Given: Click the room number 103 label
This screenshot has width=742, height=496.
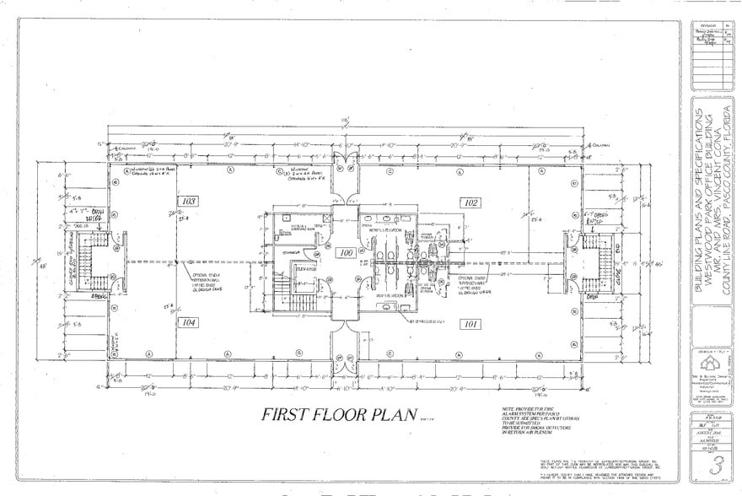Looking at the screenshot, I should (x=187, y=202).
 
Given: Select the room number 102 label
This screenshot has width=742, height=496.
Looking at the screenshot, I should (x=470, y=202).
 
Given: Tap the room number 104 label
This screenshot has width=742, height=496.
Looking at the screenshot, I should (x=187, y=322).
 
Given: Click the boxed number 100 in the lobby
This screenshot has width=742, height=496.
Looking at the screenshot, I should (x=345, y=252).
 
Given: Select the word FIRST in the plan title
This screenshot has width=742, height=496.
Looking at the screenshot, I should (x=286, y=414).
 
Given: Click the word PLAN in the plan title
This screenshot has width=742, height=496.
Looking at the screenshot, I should (x=394, y=414).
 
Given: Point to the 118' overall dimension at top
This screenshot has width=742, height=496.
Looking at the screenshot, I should (x=346, y=121).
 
